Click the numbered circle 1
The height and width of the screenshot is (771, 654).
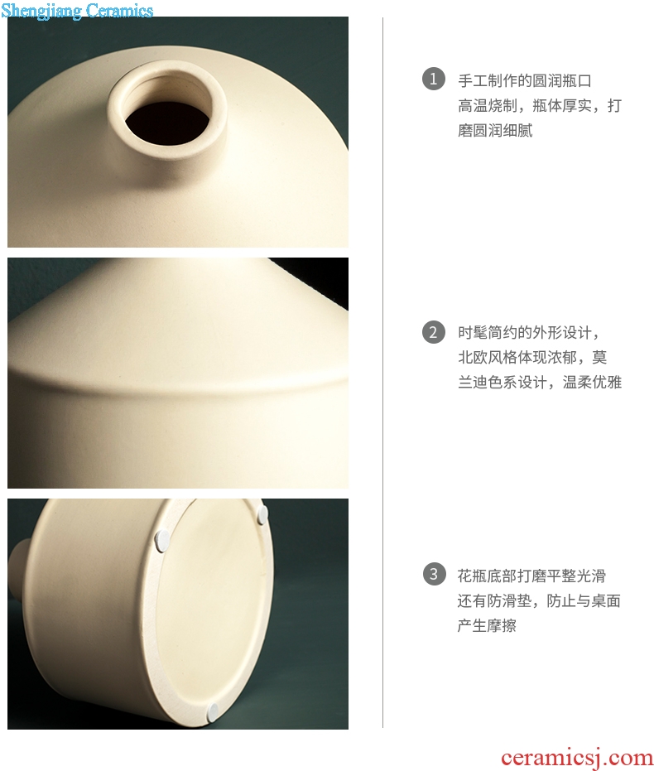434,79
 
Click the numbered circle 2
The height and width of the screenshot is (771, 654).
434,332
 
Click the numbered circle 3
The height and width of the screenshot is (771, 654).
434,574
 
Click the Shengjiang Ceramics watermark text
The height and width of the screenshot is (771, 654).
77,10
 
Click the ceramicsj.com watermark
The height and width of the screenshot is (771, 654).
577,757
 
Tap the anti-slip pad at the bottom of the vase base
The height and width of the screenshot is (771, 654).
213,711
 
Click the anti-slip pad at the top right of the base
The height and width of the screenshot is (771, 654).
263,513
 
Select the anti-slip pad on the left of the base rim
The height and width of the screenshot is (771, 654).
162,539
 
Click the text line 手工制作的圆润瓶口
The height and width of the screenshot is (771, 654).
524,80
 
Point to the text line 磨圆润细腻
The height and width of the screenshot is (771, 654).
495,130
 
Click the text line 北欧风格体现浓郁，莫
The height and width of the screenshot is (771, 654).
532,357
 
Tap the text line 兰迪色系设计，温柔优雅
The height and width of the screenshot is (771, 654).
540,382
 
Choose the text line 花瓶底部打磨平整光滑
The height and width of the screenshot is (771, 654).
531,576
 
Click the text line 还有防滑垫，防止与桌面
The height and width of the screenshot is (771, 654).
539,600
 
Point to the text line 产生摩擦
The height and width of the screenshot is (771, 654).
487,625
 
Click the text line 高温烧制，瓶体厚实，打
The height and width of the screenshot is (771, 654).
540,105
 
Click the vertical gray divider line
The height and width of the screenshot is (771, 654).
382,372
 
